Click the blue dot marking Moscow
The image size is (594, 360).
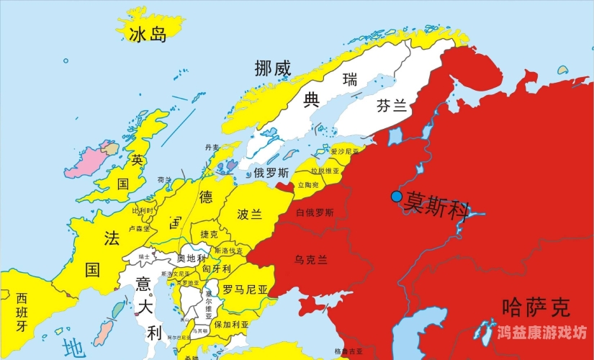point(396,197)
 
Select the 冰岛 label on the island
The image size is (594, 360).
point(148,34)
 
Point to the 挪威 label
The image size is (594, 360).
point(273,68)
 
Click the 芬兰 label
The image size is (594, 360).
point(392,107)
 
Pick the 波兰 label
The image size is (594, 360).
point(249,214)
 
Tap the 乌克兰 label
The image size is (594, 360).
point(311,258)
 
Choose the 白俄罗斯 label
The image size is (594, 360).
point(315,212)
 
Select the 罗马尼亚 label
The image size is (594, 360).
point(244,289)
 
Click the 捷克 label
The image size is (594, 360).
point(209,235)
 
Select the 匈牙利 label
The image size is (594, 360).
point(217,269)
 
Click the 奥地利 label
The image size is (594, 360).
point(191,258)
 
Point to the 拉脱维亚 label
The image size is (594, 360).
point(325,171)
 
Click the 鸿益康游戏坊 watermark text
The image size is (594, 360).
point(542,333)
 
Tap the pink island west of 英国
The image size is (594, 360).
point(85,161)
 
